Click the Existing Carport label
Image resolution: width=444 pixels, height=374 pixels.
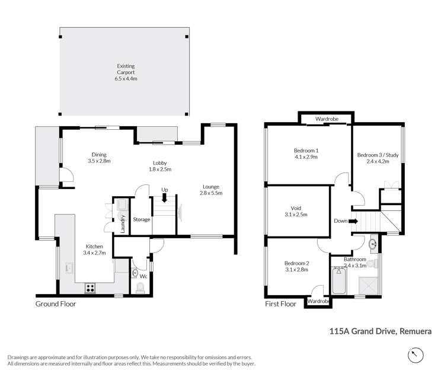click(x=124, y=70)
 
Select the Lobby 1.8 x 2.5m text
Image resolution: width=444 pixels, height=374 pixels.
click(x=160, y=166)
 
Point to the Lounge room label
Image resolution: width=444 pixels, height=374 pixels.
click(x=209, y=190)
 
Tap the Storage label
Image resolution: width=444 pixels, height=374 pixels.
click(x=141, y=219)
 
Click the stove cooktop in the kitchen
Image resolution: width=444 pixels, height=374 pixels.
click(x=91, y=287)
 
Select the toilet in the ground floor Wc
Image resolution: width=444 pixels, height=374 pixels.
click(x=140, y=287)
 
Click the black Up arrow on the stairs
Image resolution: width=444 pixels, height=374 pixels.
click(x=165, y=198)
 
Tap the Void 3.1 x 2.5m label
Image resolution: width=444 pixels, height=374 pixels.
click(x=296, y=212)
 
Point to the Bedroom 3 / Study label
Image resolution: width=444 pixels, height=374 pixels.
click(x=378, y=159)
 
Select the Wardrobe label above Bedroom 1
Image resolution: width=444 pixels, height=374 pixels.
click(x=327, y=119)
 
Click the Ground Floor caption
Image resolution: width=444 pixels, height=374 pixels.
click(x=56, y=304)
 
